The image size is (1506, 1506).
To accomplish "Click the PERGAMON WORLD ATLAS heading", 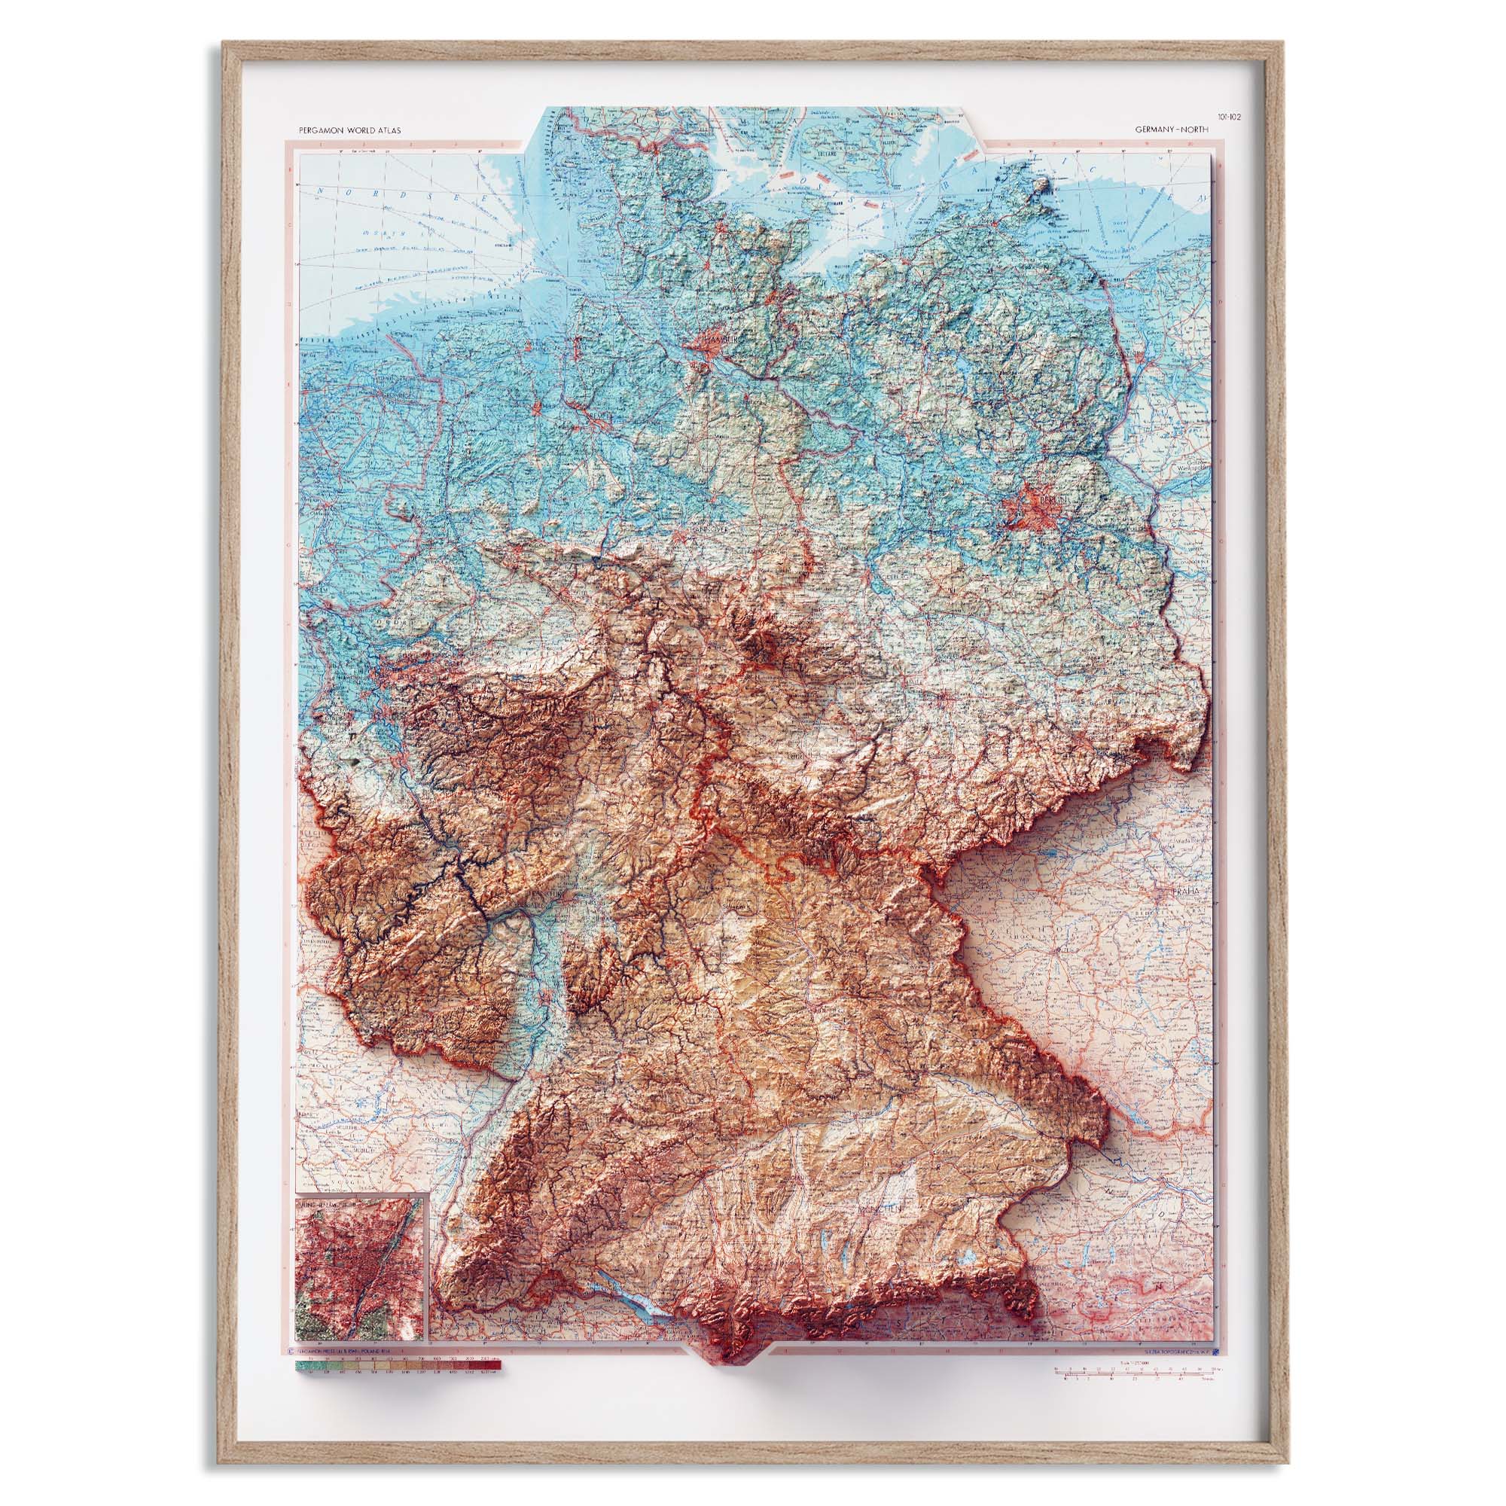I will click(x=349, y=131).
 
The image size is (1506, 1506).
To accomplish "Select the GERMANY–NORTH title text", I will click(x=1172, y=131).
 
